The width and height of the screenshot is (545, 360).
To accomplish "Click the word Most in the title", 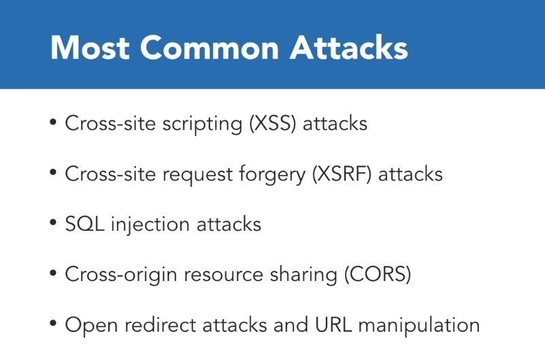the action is (x=90, y=48).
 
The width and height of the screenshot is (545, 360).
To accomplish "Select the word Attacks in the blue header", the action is (x=348, y=47).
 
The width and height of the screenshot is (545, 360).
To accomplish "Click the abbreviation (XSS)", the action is (x=272, y=123).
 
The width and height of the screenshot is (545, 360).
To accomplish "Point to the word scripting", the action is (x=202, y=125).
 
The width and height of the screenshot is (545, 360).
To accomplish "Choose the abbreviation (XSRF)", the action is (x=342, y=174).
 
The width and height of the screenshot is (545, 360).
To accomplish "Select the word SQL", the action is (x=84, y=224).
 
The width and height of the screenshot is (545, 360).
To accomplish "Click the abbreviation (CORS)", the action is (x=378, y=274).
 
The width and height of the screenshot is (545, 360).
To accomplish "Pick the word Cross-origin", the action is (x=121, y=275).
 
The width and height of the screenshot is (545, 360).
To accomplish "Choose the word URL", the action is (x=333, y=325).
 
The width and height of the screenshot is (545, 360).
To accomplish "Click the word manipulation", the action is (x=419, y=325).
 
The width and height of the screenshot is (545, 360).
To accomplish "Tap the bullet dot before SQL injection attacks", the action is (x=53, y=223).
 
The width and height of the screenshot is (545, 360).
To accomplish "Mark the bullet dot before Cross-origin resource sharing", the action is (x=53, y=273).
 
